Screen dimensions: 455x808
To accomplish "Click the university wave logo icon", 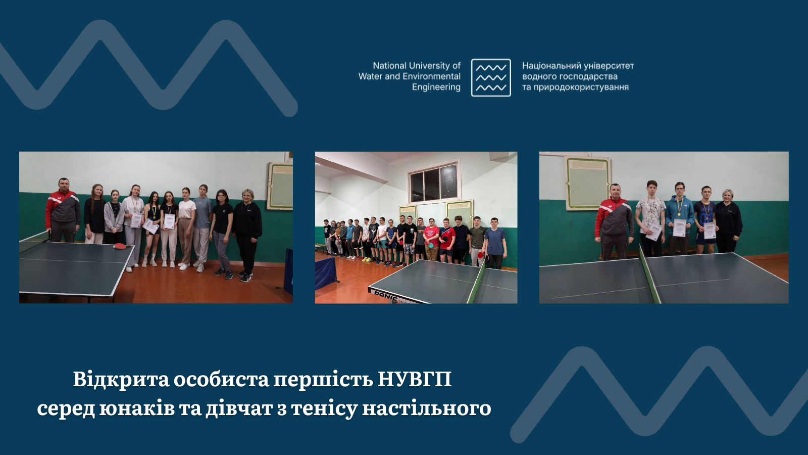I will coord(491,77).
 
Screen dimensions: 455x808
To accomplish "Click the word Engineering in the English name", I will coord(436,87).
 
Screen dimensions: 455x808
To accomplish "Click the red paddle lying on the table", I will coord(120,246).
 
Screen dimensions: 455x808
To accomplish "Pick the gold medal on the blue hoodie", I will coord(679,213).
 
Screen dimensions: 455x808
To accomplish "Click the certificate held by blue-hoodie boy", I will coord(680,228).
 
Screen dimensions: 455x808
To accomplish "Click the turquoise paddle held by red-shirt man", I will coord(432,245).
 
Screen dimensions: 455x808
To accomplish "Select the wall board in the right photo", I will coord(587,183).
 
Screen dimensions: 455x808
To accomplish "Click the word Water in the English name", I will coord(370,76).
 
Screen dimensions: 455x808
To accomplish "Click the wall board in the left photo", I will coord(280,186).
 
